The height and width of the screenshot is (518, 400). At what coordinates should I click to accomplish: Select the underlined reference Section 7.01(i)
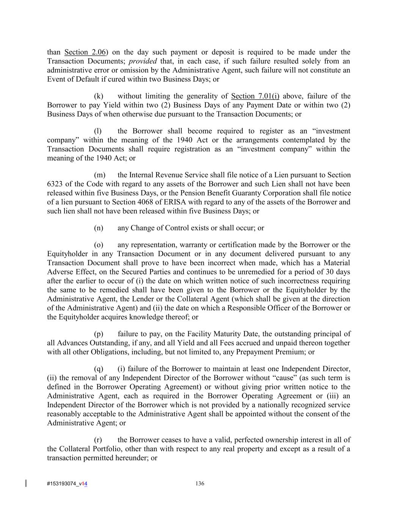255,96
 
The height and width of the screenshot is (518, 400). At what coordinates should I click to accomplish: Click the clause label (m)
99,175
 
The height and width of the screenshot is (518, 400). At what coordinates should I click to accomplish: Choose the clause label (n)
99,228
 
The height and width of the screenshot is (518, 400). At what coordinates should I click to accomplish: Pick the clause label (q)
99,369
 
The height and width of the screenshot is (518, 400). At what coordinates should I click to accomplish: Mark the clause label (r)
98,440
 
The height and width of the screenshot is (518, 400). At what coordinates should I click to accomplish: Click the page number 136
200,483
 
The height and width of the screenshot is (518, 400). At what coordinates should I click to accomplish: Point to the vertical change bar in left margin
26,483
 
